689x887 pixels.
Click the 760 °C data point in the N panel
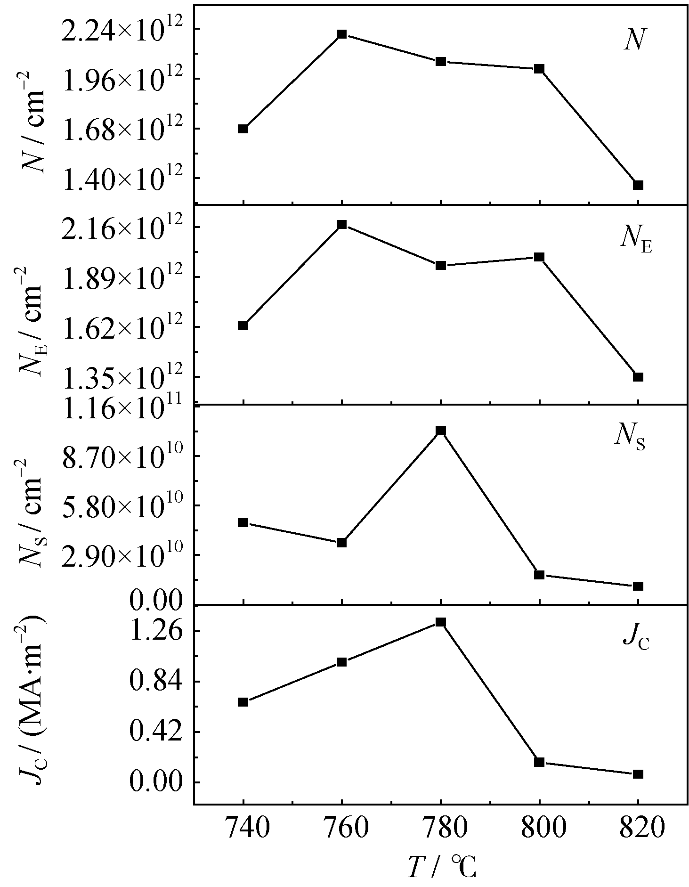(x=342, y=34)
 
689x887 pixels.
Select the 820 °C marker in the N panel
(x=638, y=185)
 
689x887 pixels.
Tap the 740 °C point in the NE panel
(x=243, y=325)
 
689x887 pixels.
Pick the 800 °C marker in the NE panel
(x=539, y=257)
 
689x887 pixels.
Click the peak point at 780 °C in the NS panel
(x=441, y=430)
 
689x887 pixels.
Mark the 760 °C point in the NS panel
(x=342, y=542)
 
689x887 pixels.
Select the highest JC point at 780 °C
(x=441, y=622)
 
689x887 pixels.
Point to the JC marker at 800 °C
(x=539, y=762)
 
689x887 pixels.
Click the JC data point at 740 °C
(x=243, y=702)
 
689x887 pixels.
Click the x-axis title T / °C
(x=442, y=867)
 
